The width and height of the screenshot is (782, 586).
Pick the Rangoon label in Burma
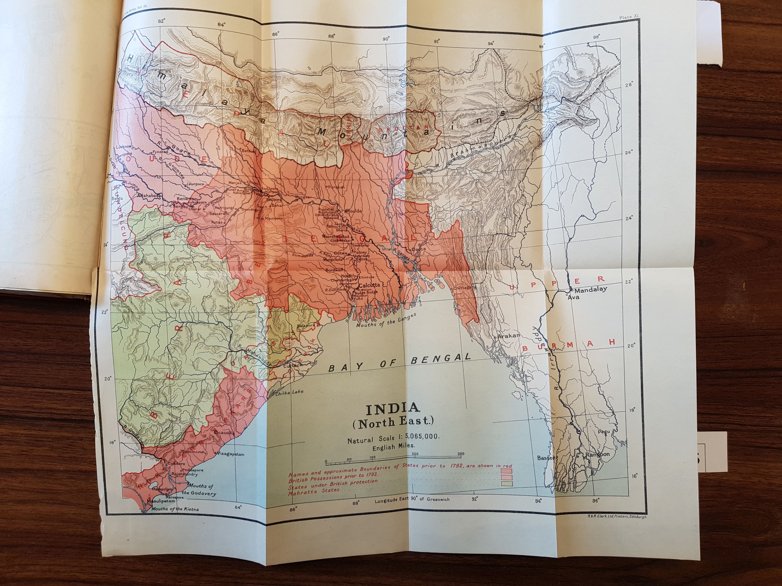(598, 454)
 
